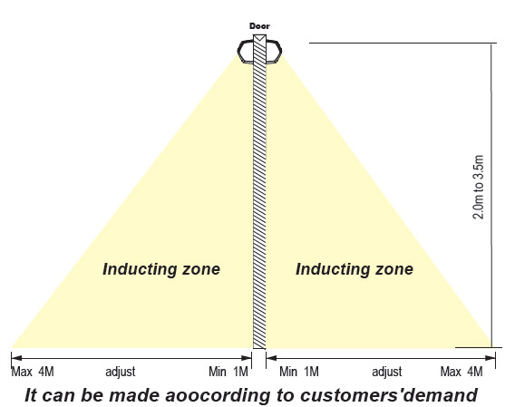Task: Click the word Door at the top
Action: pos(259,26)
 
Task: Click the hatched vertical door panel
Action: pos(259,191)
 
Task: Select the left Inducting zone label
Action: pos(161,269)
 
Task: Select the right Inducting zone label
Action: pos(354,269)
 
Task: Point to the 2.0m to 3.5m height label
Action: pos(478,187)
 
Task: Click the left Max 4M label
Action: pos(33,372)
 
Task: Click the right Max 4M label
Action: pos(461,372)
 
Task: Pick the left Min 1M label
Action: pos(228,372)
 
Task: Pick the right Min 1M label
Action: pos(299,372)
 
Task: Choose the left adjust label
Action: pos(121,372)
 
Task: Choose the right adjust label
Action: pos(387,372)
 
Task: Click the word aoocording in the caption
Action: pos(218,396)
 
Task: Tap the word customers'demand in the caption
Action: pos(389,395)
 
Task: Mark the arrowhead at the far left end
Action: pos(16,358)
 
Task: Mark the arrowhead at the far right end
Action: pos(490,358)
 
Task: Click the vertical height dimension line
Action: pos(491,196)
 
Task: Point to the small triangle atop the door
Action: pos(259,38)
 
